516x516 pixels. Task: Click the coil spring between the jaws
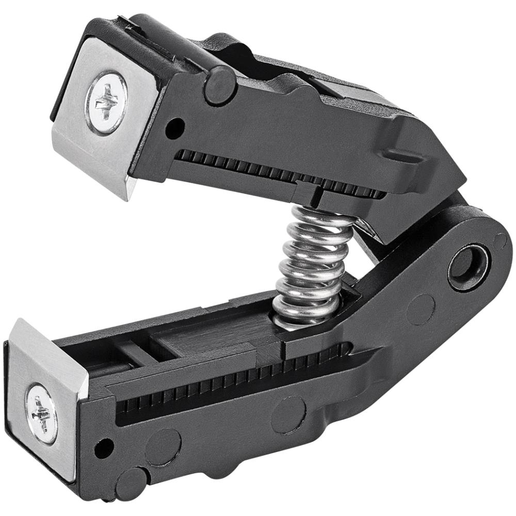click(312, 263)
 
